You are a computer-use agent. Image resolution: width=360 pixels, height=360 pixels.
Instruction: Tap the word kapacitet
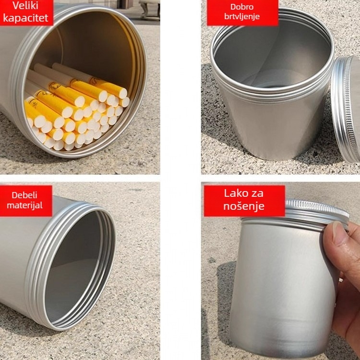(x=26, y=19)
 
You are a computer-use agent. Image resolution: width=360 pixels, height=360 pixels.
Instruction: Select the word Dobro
(x=242, y=7)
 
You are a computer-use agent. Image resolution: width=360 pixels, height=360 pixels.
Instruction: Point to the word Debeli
(x=25, y=195)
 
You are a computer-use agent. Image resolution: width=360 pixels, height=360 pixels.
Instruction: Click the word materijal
(x=27, y=205)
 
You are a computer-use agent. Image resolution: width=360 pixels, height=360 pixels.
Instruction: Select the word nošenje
(x=244, y=207)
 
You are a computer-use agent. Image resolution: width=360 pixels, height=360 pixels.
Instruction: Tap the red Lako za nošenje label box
(x=244, y=201)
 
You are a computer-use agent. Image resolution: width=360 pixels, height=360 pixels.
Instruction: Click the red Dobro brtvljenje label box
(x=242, y=12)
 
